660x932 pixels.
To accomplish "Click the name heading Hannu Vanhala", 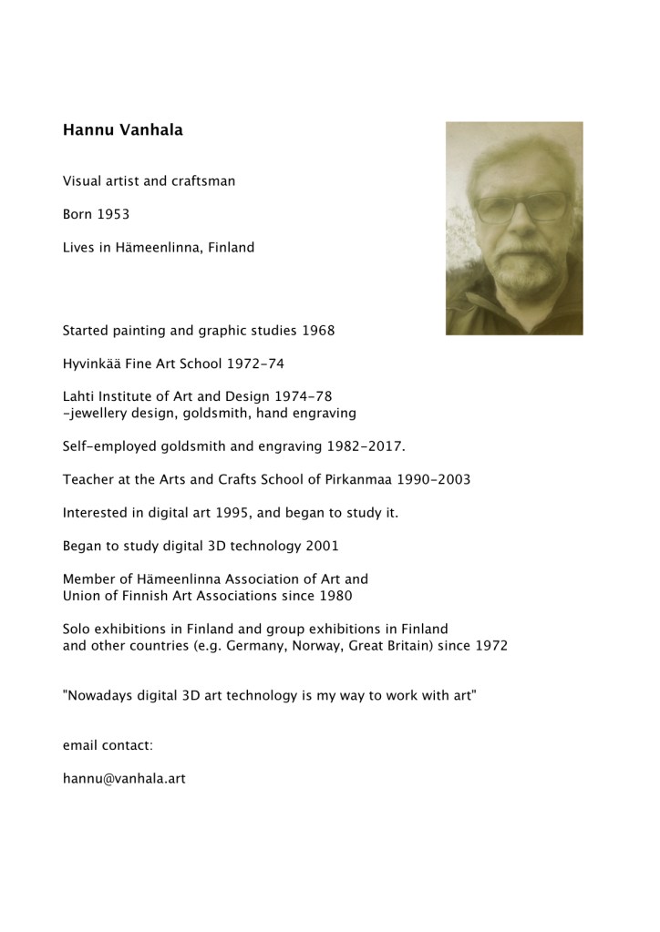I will (123, 130).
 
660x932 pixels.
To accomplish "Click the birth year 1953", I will (114, 214).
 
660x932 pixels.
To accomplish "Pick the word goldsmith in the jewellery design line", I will (217, 413).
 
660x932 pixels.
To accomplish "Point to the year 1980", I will (335, 596).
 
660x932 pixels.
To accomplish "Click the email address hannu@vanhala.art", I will (124, 779).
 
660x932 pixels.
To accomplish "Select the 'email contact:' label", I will (108, 746).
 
